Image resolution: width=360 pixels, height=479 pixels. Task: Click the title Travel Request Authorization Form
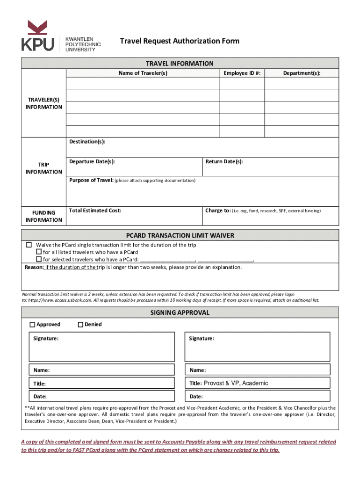click(x=180, y=41)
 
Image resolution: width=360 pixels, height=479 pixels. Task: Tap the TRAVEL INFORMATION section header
click(x=180, y=64)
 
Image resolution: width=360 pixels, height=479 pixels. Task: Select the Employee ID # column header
click(x=242, y=73)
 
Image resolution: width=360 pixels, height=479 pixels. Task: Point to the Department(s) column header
click(x=302, y=73)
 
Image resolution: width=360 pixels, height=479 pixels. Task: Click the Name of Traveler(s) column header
click(x=143, y=73)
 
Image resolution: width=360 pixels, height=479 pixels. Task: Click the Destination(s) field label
click(x=87, y=142)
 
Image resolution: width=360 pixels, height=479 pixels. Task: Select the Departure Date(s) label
click(x=92, y=162)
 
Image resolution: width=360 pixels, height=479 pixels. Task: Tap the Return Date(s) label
click(x=224, y=162)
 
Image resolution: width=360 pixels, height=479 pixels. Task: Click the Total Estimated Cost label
click(x=95, y=211)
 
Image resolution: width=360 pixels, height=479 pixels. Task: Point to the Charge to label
click(x=217, y=211)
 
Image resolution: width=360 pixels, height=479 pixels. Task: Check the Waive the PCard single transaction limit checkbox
click(x=29, y=245)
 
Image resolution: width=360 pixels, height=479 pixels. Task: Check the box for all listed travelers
click(x=39, y=252)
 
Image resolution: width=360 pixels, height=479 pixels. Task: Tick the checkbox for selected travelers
click(x=39, y=259)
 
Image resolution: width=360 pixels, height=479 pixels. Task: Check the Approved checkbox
click(x=32, y=325)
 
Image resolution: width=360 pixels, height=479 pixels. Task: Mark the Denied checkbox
click(x=80, y=325)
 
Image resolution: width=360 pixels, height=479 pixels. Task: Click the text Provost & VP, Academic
click(x=236, y=383)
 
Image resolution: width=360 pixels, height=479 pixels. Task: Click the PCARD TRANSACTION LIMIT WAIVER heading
click(x=180, y=235)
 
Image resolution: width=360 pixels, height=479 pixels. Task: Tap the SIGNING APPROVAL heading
click(x=180, y=312)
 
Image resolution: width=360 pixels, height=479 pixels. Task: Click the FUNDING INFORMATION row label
click(x=44, y=216)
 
